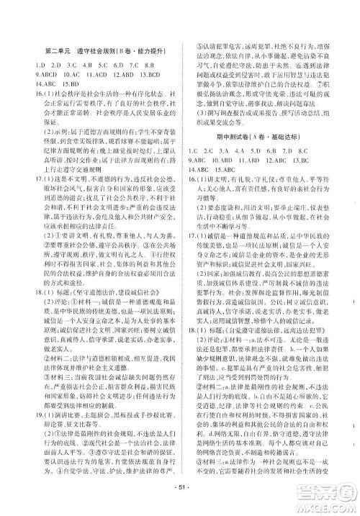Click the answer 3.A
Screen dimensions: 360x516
point(225,151)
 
